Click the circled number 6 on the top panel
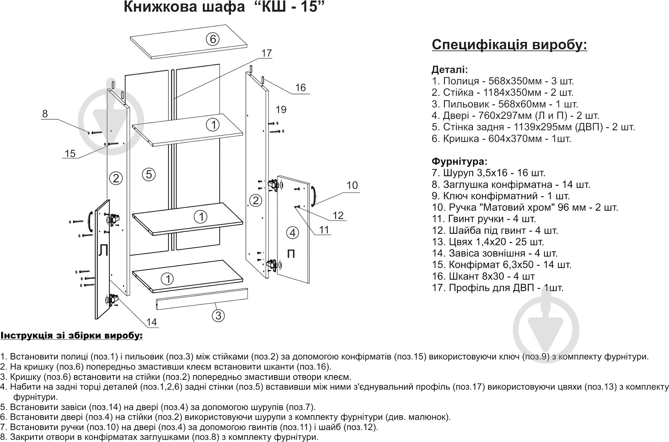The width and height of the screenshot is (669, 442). tap(212, 39)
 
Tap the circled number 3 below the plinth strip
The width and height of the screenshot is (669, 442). tap(218, 315)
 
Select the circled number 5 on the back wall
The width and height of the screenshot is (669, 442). tap(149, 174)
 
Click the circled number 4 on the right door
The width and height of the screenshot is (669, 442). tap(293, 233)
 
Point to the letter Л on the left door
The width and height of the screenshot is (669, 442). tap(103, 251)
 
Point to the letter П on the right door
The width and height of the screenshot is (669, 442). tap(291, 254)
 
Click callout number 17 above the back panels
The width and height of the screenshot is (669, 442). tap(267, 53)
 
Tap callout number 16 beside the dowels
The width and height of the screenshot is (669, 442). tap(300, 87)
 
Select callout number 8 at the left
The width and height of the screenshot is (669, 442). tap(45, 114)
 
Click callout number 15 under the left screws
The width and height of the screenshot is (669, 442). tap(70, 153)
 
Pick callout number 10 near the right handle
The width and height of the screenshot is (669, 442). tap(352, 185)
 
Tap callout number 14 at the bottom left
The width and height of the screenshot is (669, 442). tap(151, 322)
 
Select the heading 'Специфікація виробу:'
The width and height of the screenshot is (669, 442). tap(509, 45)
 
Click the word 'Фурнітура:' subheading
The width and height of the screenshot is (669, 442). tap(459, 161)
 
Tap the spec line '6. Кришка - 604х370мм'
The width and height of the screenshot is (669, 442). tap(501, 139)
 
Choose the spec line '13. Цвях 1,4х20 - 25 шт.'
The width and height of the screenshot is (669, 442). tap(488, 242)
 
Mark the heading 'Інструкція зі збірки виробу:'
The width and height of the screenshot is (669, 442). tap(71, 336)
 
